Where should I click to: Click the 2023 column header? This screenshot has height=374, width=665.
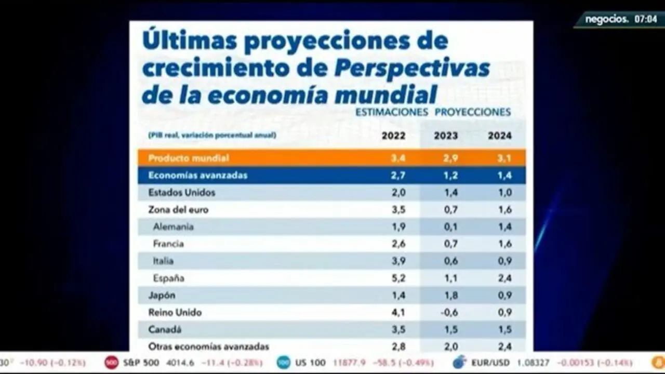point(446,136)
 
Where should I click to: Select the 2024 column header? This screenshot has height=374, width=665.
point(499,136)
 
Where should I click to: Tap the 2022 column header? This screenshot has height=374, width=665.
point(393,136)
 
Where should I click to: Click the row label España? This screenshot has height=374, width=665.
point(168,278)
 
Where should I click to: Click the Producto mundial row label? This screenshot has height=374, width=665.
point(189,158)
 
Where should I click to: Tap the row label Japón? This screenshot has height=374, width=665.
point(162,296)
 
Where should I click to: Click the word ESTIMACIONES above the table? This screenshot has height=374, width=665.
point(392,112)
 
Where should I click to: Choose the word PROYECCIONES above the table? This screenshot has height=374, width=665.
point(472,112)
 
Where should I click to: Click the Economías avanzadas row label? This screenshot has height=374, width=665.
point(197,175)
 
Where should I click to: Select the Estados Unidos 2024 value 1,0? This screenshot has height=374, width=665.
point(504,193)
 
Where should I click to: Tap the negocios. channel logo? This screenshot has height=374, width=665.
point(607,19)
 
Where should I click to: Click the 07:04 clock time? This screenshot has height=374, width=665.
point(645,19)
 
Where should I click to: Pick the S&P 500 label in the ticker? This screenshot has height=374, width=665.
point(141,363)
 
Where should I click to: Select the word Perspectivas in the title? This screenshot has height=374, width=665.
point(412,68)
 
